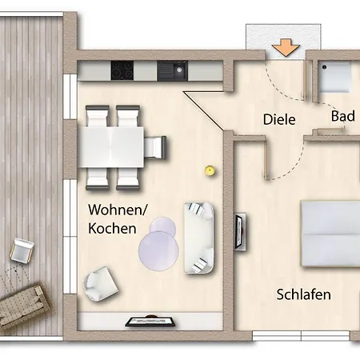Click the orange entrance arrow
coord(282,48)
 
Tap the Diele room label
coord(279,120)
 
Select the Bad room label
coord(343,117)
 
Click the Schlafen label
coord(304,294)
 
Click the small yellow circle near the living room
coord(210,170)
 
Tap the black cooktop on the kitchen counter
coord(121,72)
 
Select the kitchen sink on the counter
coord(170,72)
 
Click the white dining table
coord(112,146)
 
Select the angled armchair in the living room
coord(101,281)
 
